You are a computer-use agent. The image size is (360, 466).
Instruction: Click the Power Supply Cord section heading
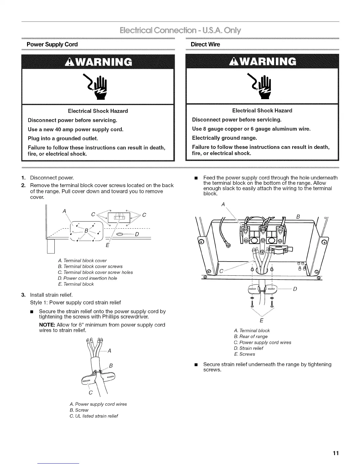click(52, 44)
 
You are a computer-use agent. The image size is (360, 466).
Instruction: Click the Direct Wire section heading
click(205, 44)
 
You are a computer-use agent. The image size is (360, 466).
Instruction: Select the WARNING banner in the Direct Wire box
click(262, 61)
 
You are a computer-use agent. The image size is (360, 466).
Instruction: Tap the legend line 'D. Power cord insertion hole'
click(87, 278)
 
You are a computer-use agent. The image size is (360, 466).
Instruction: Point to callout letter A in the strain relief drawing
click(109, 351)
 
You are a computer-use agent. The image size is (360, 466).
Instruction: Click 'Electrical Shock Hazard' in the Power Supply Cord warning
click(98, 111)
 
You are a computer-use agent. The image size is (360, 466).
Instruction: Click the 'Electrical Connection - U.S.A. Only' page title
click(180, 31)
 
